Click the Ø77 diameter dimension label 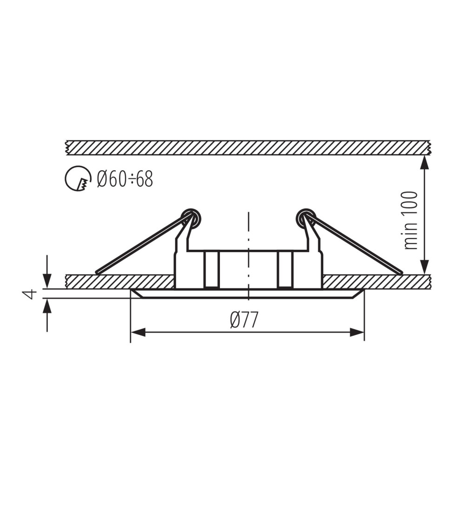coord(245,320)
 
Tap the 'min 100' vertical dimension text coord(410,220)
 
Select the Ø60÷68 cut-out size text coord(125,179)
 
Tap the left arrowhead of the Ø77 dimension coord(138,332)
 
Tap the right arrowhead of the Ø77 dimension coord(357,332)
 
